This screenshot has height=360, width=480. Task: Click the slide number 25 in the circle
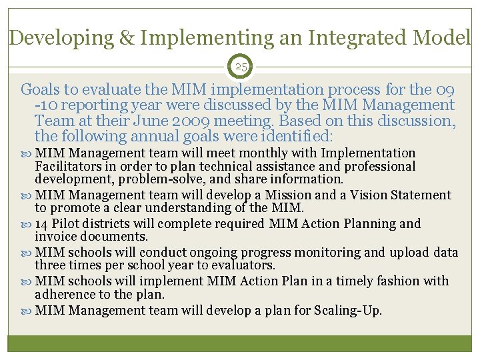[241, 67]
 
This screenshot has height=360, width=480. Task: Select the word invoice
[55, 237]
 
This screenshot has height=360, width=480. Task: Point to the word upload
[411, 253]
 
